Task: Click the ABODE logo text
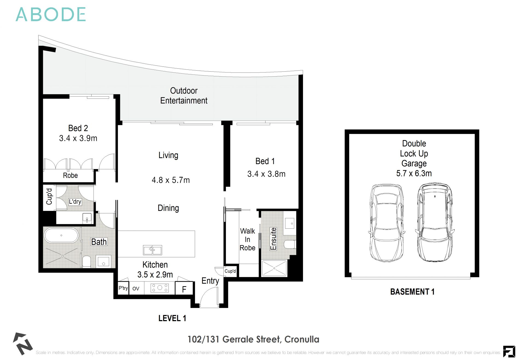tap(51, 15)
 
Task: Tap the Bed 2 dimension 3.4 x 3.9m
tap(78, 138)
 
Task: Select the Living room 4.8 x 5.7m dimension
tap(171, 180)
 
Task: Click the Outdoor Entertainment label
tap(184, 96)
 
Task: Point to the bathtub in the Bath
tap(62, 235)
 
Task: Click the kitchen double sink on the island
tap(153, 250)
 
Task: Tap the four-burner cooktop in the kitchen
tap(160, 288)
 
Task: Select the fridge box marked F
tap(184, 289)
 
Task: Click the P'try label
tap(123, 288)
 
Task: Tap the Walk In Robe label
tap(247, 239)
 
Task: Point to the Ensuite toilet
tap(290, 244)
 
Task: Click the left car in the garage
tap(387, 223)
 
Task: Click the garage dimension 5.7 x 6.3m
tap(414, 173)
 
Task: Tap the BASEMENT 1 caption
tap(412, 292)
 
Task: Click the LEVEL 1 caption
tap(172, 318)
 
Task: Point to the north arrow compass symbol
tap(22, 343)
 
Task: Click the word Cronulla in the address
tap(302, 339)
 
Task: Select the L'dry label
tap(75, 202)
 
